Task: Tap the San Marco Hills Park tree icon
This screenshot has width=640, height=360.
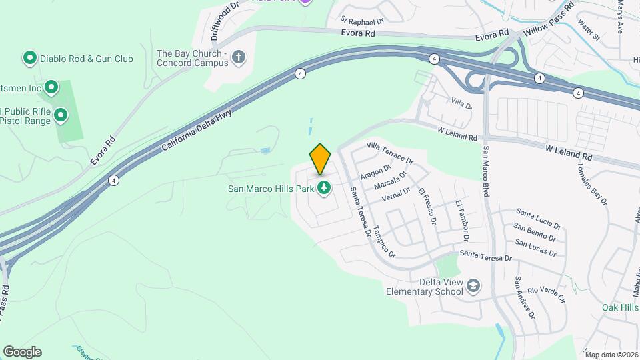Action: [x=324, y=189]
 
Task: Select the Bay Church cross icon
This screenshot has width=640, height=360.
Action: [x=239, y=59]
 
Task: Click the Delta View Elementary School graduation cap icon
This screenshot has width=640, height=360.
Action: [x=473, y=286]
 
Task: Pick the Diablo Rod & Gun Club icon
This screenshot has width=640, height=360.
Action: [x=29, y=59]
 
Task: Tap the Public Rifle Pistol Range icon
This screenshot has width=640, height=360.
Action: [x=61, y=116]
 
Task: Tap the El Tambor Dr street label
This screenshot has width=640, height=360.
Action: [x=461, y=221]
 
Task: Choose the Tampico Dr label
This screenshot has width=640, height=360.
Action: [x=384, y=241]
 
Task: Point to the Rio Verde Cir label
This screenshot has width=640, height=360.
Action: [x=545, y=290]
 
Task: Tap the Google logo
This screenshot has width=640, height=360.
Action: [x=22, y=352]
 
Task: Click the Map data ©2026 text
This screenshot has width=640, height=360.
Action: [x=611, y=355]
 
